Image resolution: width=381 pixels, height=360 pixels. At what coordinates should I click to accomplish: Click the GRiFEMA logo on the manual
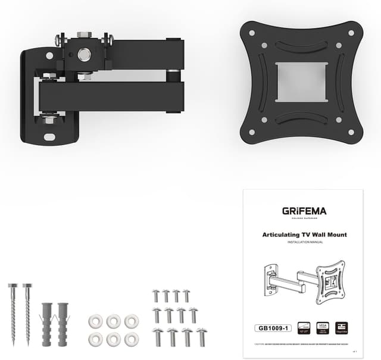tap(304, 211)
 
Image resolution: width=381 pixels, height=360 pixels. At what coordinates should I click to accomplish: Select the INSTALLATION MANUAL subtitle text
tap(304, 243)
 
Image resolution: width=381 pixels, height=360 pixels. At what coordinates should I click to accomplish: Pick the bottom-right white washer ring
tap(131, 339)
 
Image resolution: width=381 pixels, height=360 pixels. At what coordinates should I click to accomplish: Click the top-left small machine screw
tap(157, 295)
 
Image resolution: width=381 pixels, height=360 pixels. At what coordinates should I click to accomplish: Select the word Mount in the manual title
tap(335, 234)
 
